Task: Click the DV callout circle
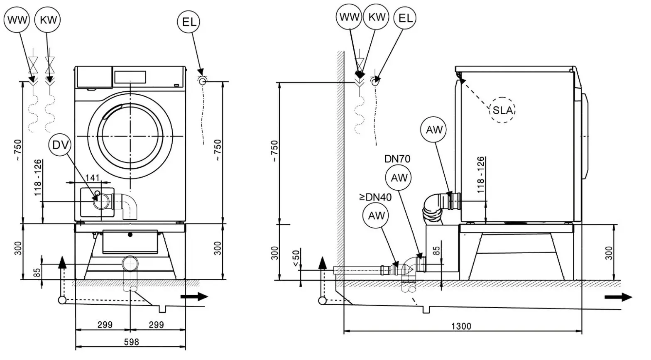click(60, 145)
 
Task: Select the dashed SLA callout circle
click(503, 110)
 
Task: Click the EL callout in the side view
click(405, 18)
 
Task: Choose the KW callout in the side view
click(377, 17)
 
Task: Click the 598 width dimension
click(131, 342)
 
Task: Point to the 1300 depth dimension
click(461, 326)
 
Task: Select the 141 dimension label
click(92, 178)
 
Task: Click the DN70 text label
click(397, 159)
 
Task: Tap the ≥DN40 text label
click(375, 197)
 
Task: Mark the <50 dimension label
click(296, 258)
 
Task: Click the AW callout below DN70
click(399, 178)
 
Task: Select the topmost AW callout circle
click(434, 130)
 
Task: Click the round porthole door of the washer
click(130, 136)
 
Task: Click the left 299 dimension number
click(105, 325)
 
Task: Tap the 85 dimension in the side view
click(436, 251)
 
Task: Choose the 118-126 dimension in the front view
click(38, 178)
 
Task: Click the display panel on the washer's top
click(130, 77)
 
